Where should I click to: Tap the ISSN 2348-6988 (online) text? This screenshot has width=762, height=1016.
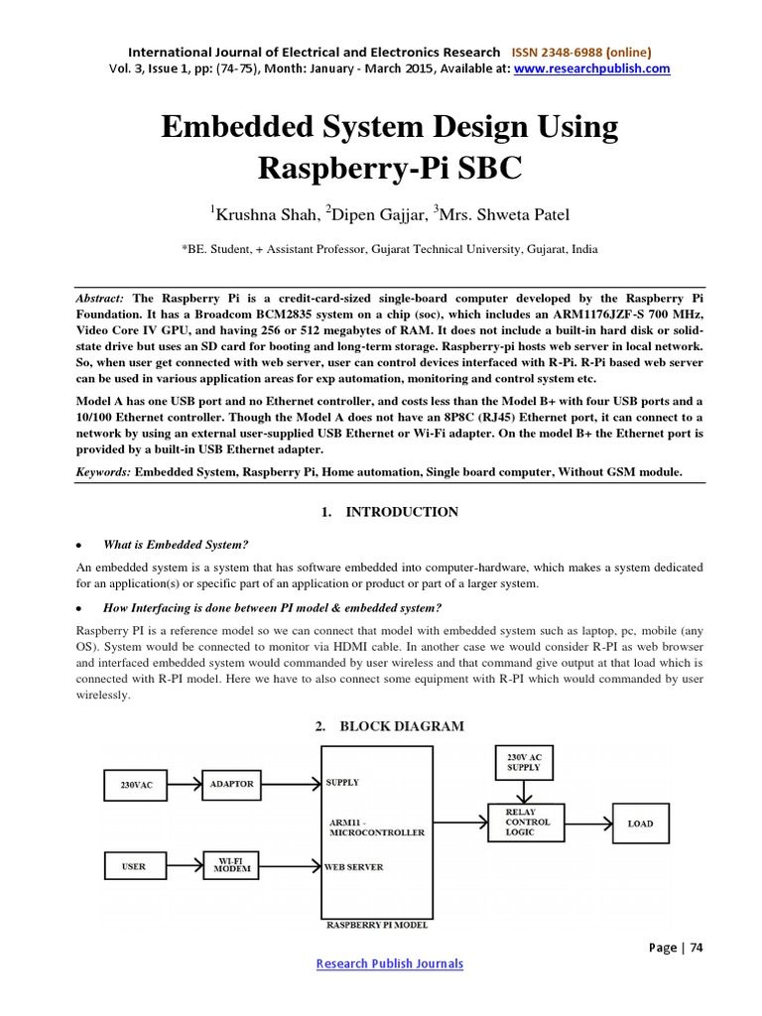point(581,52)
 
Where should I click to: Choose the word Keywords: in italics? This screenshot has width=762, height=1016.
point(104,472)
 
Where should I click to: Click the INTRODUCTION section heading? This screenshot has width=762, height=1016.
point(401,512)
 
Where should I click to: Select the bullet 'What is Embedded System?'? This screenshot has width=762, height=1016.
point(175,545)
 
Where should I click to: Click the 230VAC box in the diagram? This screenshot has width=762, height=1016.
point(137,785)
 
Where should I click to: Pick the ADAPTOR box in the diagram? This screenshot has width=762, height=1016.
point(231,784)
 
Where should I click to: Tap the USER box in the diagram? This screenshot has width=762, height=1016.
point(134,866)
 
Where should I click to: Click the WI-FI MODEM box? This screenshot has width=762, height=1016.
point(230,866)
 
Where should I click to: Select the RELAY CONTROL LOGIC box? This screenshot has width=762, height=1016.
point(527,823)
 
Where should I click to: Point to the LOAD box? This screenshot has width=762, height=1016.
point(639,824)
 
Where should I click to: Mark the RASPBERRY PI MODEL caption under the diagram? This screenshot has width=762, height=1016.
point(377,925)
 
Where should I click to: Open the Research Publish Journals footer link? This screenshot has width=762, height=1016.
point(389,963)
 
